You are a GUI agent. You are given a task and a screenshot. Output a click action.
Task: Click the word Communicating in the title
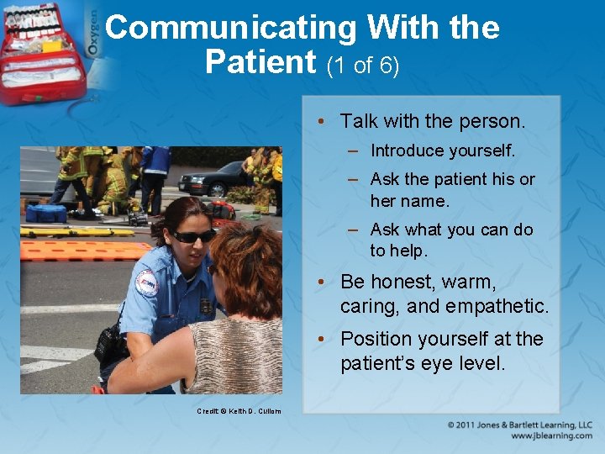pyautogui.click(x=230, y=29)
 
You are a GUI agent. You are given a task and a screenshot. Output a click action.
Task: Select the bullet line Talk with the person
pyautogui.click(x=432, y=121)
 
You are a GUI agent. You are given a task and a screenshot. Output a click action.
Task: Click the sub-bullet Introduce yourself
pyautogui.click(x=442, y=151)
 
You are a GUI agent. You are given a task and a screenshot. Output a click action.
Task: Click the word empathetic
pyautogui.click(x=502, y=306)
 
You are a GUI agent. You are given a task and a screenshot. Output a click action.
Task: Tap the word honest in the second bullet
pyautogui.click(x=402, y=282)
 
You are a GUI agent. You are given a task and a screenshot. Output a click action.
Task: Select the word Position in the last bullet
pyautogui.click(x=375, y=339)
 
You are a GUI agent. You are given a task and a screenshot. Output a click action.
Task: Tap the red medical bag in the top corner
pyautogui.click(x=42, y=50)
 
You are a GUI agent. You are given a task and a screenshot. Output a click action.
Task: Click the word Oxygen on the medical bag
pyautogui.click(x=93, y=38)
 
